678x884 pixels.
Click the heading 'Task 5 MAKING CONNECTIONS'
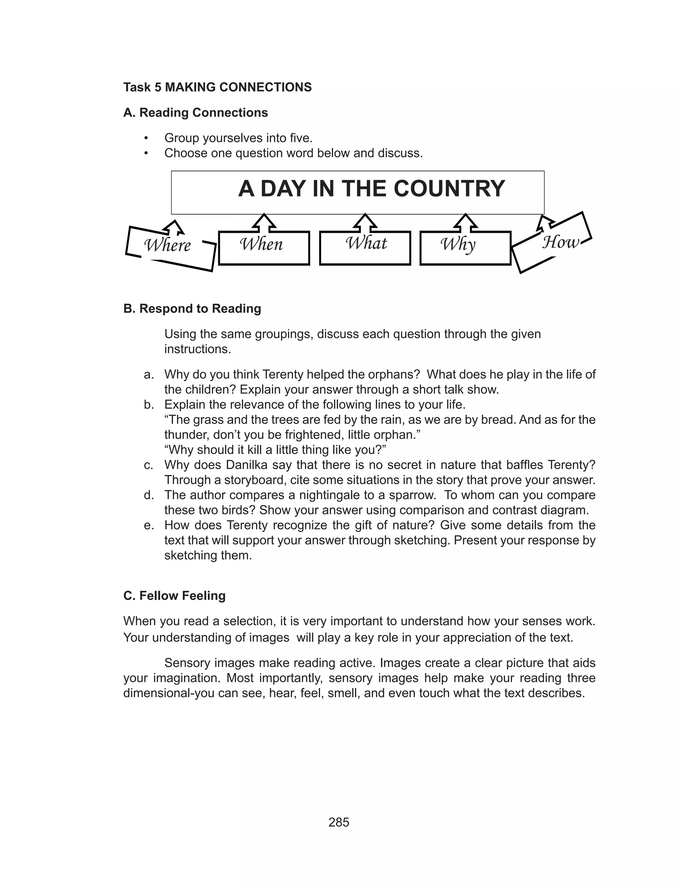217,87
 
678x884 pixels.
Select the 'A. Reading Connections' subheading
195,113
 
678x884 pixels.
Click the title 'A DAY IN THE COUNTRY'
371,189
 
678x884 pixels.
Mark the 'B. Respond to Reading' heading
192,309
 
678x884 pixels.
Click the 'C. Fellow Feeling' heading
174,596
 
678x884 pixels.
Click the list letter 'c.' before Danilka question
149,465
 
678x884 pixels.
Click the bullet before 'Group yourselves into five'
146,138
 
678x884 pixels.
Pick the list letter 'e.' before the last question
149,526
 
